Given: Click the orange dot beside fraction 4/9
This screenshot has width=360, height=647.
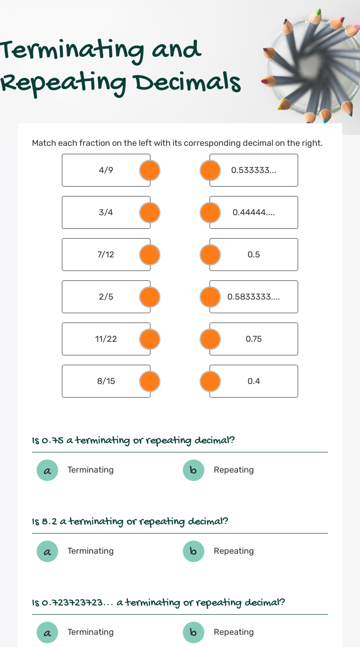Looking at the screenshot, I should (x=150, y=170).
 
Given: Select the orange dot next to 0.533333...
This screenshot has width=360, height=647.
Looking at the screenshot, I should (x=210, y=170).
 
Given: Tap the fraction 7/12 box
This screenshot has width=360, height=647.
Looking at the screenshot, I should (x=106, y=255).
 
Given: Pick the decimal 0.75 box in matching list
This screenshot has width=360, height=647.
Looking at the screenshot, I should (x=254, y=339).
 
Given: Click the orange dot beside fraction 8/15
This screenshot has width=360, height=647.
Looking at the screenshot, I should (x=150, y=381).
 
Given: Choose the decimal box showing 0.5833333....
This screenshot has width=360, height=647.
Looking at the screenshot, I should (x=254, y=297).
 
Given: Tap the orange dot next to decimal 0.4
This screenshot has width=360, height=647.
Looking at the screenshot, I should (x=210, y=381).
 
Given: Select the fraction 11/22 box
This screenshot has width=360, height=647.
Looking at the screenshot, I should (x=106, y=339).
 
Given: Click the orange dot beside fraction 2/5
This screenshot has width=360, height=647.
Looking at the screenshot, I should (x=150, y=297).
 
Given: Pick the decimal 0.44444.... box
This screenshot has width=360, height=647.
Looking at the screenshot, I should (x=254, y=212).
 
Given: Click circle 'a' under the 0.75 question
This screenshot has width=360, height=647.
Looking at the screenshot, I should (x=47, y=470).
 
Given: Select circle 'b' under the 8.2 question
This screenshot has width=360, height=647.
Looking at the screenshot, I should (x=194, y=551).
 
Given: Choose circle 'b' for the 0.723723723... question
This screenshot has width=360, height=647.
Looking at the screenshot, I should (x=194, y=632).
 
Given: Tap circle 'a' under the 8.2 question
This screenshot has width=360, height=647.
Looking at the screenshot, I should (x=47, y=551).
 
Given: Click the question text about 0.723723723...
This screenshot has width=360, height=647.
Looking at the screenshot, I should (x=158, y=602).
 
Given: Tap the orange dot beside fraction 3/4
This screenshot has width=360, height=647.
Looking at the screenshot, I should (x=150, y=212).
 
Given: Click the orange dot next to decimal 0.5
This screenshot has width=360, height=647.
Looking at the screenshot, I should (x=210, y=255).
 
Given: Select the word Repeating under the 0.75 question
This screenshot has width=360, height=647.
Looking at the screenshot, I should (x=233, y=470).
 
